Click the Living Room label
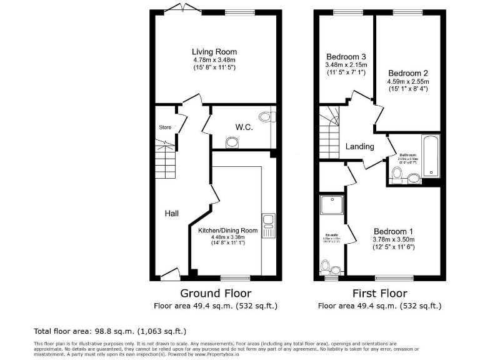214,52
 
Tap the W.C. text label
244,127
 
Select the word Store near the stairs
165,127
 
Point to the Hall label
172,214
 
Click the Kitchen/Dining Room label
228,230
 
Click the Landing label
359,147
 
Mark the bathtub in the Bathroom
431,156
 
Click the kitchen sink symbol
269,225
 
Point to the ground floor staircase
166,164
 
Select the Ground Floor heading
216,293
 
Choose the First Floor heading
380,293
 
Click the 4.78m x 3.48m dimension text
214,60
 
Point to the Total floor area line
109,331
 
